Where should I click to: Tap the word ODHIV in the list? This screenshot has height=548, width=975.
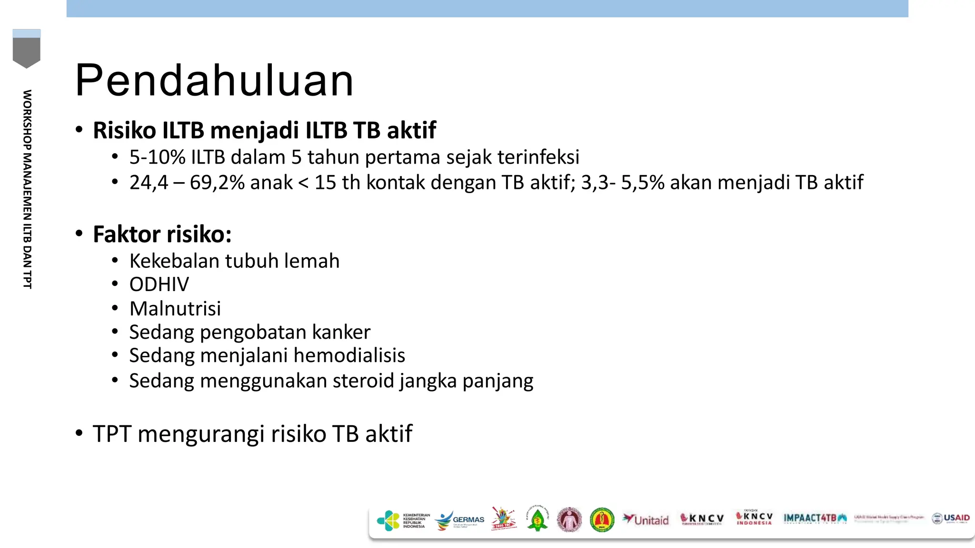[x=159, y=284]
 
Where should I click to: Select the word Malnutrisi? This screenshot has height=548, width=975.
[x=175, y=308]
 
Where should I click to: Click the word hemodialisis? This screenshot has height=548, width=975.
[x=349, y=355]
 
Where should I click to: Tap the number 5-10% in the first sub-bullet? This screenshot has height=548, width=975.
[x=157, y=157]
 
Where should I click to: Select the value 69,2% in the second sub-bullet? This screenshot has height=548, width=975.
[x=217, y=182]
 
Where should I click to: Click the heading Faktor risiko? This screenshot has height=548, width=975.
[x=162, y=234]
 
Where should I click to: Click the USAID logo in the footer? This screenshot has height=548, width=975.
[x=951, y=519]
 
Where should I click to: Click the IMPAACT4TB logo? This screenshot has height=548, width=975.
[x=815, y=519]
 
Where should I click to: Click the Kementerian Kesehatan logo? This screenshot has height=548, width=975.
[x=403, y=520]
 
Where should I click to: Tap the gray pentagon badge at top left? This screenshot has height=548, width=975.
[x=27, y=49]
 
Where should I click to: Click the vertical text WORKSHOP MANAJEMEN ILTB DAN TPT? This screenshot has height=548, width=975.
[x=27, y=189]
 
